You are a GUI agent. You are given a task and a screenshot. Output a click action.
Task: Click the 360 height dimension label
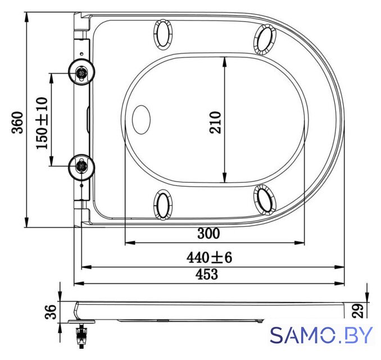pyautogui.click(x=17, y=123)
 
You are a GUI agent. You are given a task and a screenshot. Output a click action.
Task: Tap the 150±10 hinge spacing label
pyautogui.click(x=42, y=123)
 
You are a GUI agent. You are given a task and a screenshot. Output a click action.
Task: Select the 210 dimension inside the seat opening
pyautogui.click(x=215, y=123)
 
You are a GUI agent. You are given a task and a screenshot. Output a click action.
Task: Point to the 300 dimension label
pyautogui.click(x=208, y=233)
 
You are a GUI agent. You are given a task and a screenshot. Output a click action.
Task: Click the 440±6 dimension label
pyautogui.click(x=209, y=258)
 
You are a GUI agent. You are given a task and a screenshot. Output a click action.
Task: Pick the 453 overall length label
pyautogui.click(x=207, y=274)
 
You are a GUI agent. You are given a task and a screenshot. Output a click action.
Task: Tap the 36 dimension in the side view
pyautogui.click(x=51, y=312)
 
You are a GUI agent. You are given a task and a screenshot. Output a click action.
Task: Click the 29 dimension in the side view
pyautogui.click(x=357, y=310)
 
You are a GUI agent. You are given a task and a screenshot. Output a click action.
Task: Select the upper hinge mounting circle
pyautogui.click(x=81, y=72)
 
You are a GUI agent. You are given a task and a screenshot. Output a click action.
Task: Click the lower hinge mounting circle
pyautogui.click(x=81, y=167)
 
